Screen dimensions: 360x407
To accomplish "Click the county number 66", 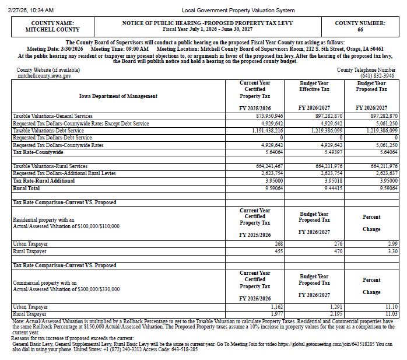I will coord(360,29).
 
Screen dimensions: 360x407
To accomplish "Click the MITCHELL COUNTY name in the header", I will coord(44,29).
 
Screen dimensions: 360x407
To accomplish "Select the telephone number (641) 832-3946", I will coord(377,76).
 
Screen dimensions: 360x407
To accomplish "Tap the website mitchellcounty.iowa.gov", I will coord(44,76).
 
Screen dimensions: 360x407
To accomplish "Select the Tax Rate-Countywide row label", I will coord(38,152).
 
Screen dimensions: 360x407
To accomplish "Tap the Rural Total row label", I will coord(27,188).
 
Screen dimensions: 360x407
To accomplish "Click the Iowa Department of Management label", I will coord(118,96).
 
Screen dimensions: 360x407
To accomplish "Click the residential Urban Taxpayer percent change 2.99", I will coord(392,243).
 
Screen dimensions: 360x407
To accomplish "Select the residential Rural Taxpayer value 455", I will coord(278,251).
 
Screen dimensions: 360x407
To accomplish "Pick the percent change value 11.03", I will coord(391,314).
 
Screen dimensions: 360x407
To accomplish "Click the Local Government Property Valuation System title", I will coord(238,11).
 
